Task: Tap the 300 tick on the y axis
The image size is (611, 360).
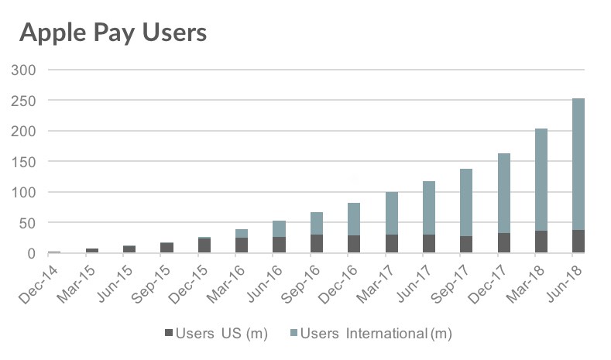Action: [x=26, y=70]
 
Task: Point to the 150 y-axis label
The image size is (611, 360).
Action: [x=26, y=162]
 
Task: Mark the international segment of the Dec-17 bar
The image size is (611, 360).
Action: [x=503, y=194]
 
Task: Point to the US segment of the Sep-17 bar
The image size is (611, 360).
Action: [x=466, y=245]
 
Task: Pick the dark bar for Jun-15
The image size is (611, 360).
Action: [x=129, y=249]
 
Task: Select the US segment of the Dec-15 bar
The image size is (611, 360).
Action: [x=204, y=245]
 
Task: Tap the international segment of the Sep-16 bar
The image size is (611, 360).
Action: [x=317, y=223]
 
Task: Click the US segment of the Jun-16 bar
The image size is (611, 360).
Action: [x=279, y=245]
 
